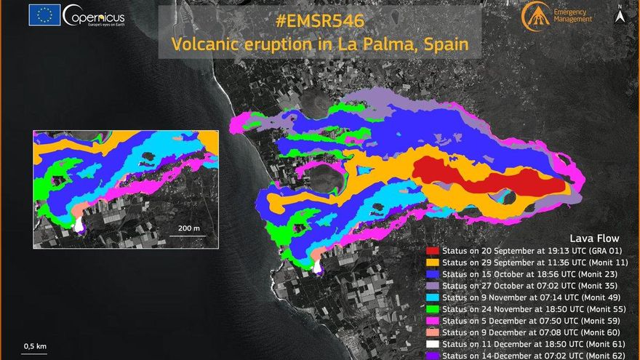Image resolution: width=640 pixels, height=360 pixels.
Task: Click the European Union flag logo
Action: coord(44,15)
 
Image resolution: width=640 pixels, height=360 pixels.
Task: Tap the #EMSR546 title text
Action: coord(319,21)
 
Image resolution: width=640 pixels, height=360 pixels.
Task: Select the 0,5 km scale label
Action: coord(35,345)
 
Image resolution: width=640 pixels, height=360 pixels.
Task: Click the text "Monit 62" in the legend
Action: coord(607,356)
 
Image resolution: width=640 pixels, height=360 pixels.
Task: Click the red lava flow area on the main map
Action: coord(480,179)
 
